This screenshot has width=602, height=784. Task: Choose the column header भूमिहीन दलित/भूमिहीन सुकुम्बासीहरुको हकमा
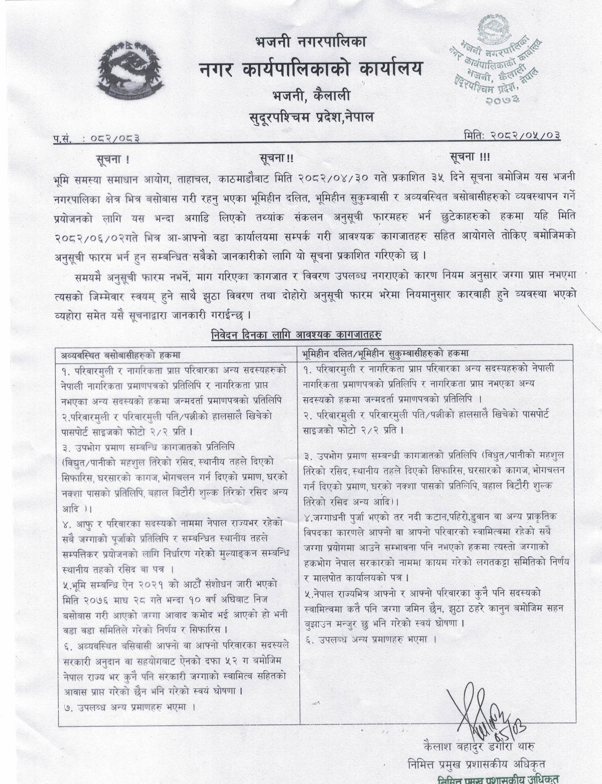pyautogui.click(x=385, y=353)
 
